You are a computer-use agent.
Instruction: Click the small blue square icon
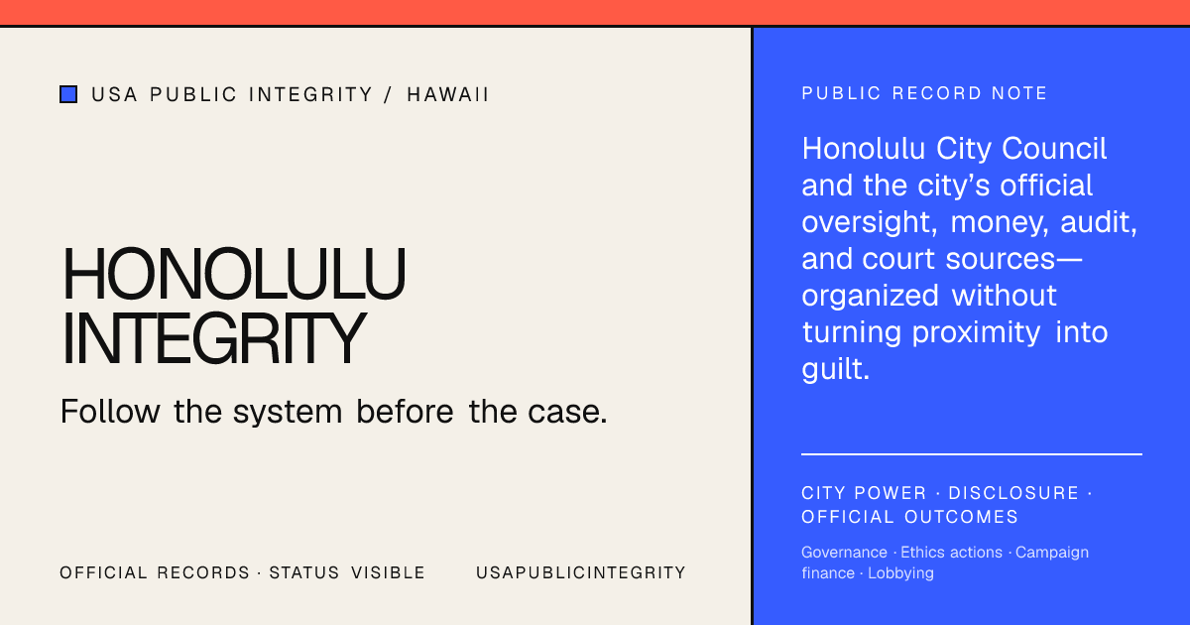tap(68, 94)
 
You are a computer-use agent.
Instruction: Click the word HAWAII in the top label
tap(447, 94)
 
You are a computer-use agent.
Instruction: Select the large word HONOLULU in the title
tap(234, 273)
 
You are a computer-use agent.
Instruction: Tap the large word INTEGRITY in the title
tap(214, 337)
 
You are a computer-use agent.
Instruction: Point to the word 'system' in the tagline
tap(288, 413)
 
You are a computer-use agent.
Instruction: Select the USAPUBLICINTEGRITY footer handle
tap(581, 573)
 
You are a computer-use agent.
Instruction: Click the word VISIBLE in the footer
tap(388, 573)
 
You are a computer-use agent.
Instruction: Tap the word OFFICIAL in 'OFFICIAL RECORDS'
tap(103, 573)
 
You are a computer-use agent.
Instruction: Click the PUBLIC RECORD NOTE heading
tap(924, 93)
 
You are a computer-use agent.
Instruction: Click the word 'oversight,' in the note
tap(869, 222)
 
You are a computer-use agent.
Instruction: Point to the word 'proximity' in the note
tap(976, 333)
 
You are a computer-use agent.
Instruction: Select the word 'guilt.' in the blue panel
tap(835, 368)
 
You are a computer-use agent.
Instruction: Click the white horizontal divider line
tap(972, 454)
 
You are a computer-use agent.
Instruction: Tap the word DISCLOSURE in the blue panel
tap(1013, 493)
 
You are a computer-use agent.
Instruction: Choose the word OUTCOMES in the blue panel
tap(961, 517)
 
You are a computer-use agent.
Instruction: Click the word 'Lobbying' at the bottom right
tap(900, 573)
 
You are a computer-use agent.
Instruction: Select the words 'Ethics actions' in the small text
tap(951, 553)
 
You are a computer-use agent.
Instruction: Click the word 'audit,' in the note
tap(1099, 222)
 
